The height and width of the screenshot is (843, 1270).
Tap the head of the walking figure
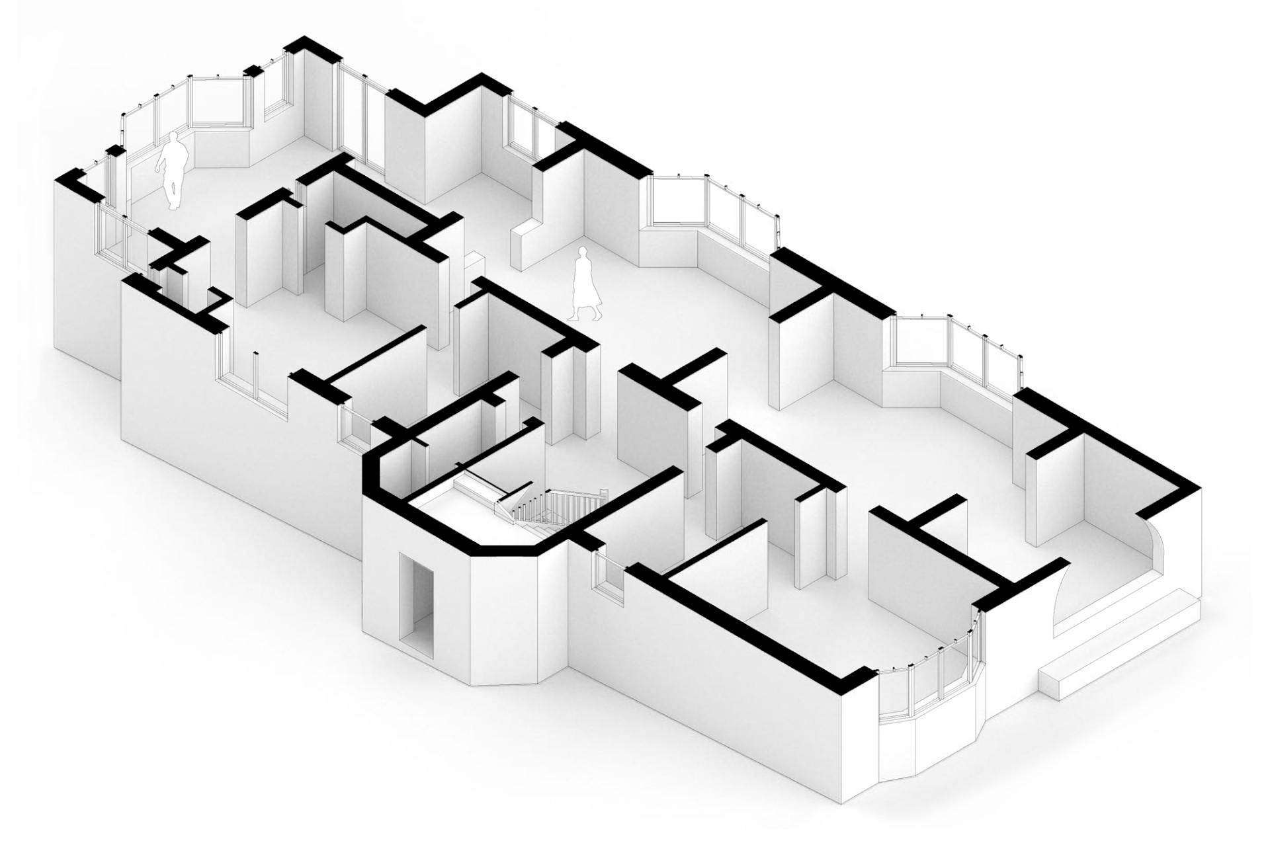(583, 253)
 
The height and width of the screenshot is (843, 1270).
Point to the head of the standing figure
(175, 138)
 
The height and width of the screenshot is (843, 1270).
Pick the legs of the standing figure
(173, 192)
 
